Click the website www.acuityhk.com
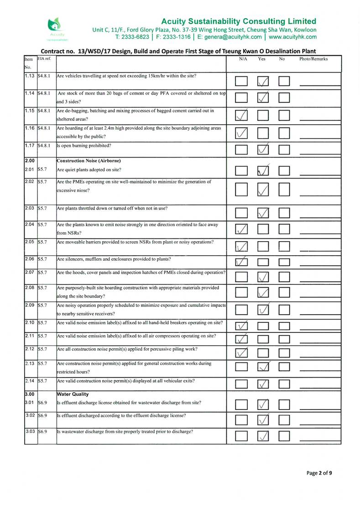[292, 37]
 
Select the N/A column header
[243, 59]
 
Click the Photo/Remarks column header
[313, 59]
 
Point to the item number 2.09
[30, 305]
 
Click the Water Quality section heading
[72, 394]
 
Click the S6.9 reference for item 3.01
[44, 403]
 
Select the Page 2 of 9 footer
[319, 473]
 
